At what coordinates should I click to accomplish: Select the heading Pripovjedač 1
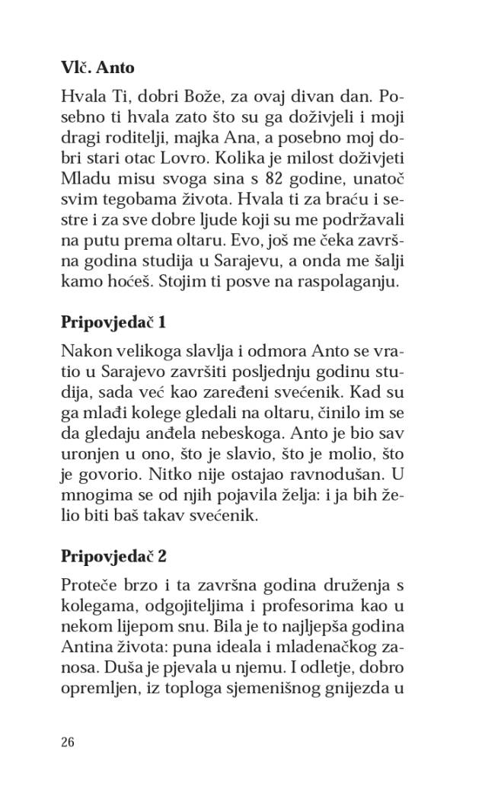pos(113,321)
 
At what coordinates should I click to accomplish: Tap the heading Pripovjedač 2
pos(113,556)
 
